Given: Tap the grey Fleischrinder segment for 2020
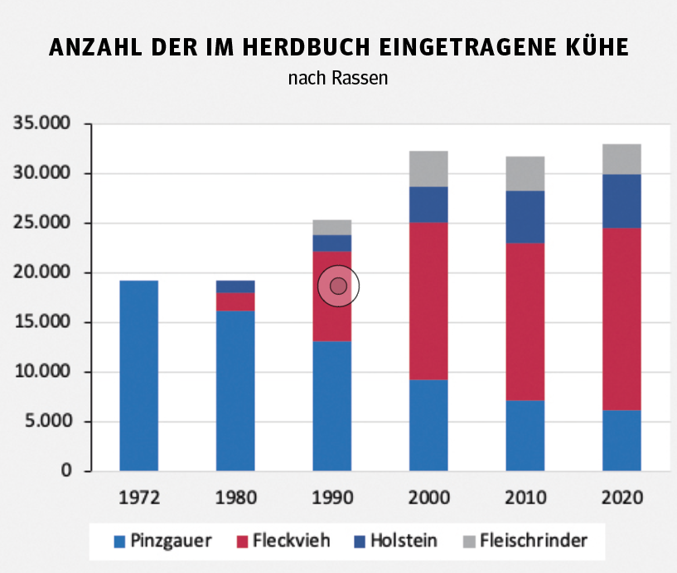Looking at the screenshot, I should (x=621, y=159).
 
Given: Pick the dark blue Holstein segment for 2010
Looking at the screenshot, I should (x=525, y=216).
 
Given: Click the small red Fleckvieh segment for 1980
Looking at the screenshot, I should (x=235, y=301).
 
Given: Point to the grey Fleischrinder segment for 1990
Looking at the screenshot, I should (x=332, y=227).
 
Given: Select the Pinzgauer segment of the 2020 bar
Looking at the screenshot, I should (x=621, y=441).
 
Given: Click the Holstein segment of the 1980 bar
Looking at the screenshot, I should (x=235, y=286).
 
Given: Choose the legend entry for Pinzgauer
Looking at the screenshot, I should (x=162, y=542).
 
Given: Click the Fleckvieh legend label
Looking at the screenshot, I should (x=280, y=542).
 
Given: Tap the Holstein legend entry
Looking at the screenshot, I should (x=394, y=542).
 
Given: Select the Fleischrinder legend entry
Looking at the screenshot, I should (x=523, y=542).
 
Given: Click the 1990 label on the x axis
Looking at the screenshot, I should (x=332, y=498).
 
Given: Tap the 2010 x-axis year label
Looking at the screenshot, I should (x=525, y=498).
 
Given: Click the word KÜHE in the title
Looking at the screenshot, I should (x=593, y=48).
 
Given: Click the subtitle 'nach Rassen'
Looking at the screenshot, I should (x=338, y=79).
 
